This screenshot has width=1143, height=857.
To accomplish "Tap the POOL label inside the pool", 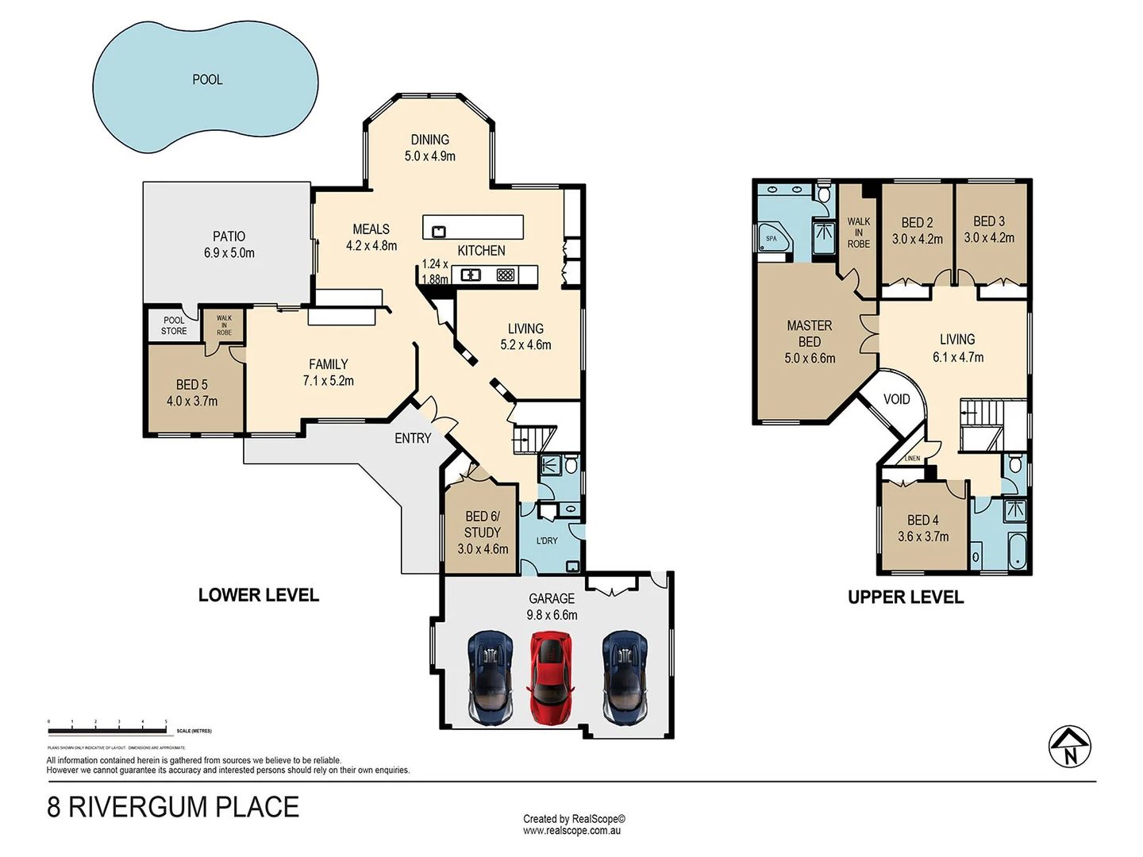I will (207, 79).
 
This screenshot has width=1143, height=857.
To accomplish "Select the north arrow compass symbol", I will (1069, 747).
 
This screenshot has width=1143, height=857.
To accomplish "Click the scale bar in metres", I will (108, 724).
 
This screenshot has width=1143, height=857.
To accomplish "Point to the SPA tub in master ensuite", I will (773, 239).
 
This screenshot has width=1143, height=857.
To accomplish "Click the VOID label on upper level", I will (896, 399).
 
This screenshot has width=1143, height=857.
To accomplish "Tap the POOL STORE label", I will (174, 325).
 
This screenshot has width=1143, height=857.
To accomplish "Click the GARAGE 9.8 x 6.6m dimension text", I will (552, 615).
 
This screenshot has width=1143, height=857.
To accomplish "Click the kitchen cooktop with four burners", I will (506, 275).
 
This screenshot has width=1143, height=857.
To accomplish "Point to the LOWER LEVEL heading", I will (259, 595).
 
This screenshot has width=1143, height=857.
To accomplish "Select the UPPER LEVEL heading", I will (906, 598).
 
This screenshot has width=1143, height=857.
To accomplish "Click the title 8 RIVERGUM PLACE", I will (173, 807).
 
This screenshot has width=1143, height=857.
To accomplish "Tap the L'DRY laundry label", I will (547, 540).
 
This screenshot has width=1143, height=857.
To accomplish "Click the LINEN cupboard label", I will (912, 459).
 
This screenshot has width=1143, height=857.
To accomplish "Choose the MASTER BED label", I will (810, 341).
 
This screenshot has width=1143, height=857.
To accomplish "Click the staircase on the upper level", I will (982, 413).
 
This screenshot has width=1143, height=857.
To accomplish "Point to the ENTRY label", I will (413, 438).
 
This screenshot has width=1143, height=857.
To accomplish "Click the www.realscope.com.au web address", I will (571, 831).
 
